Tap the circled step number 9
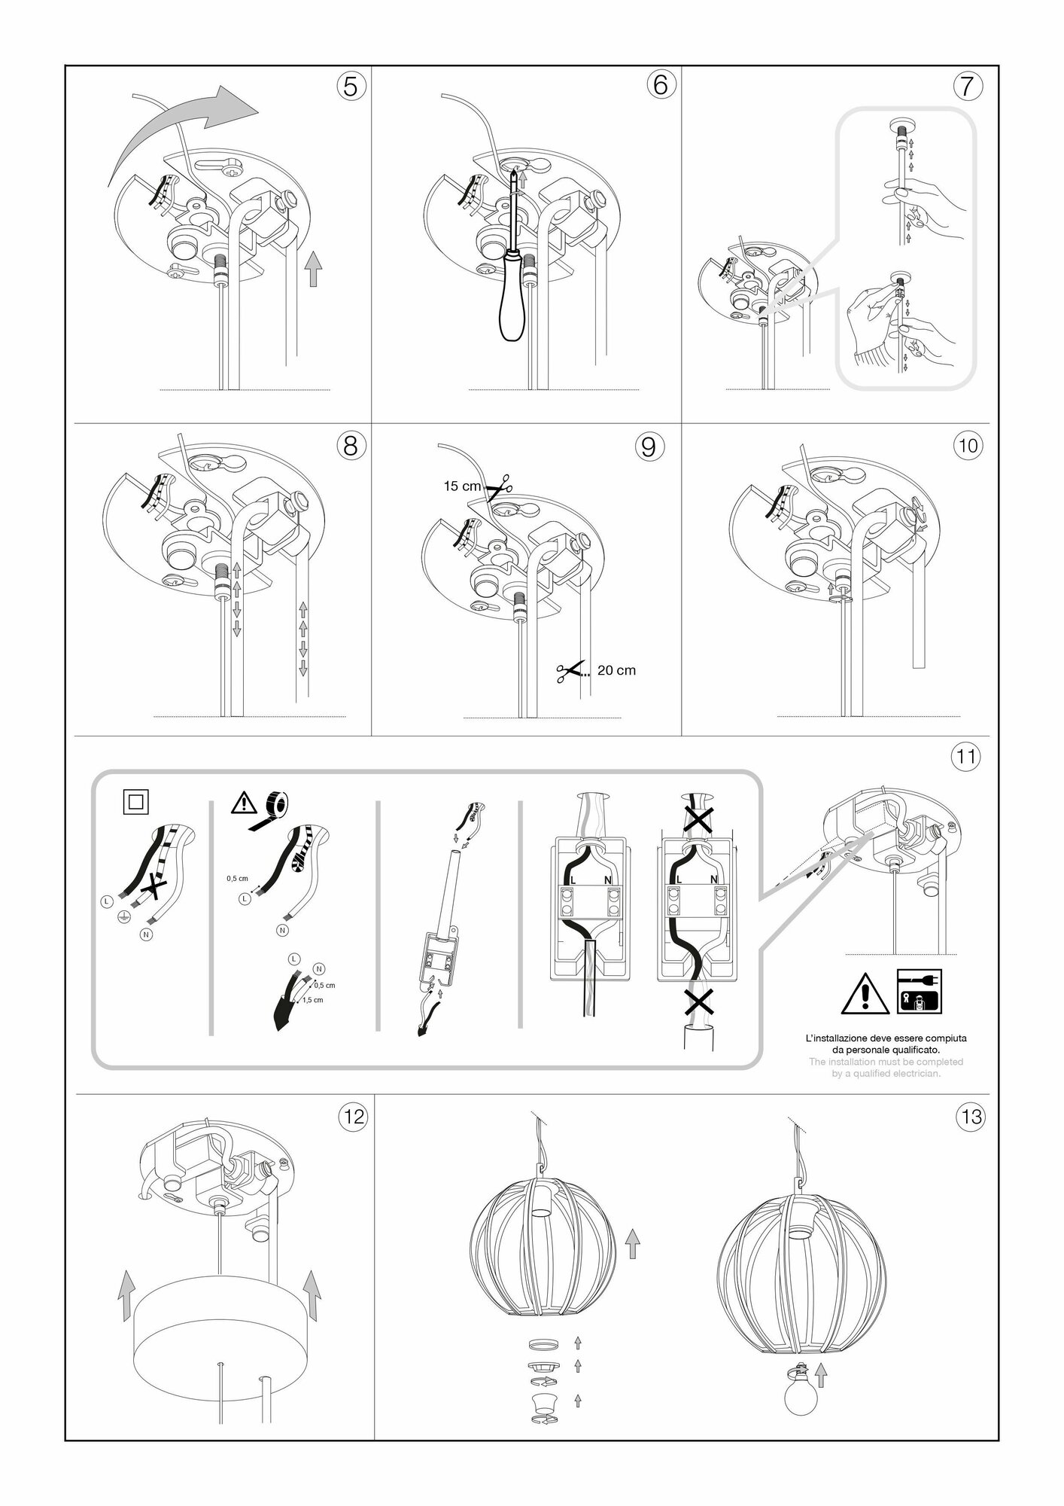point(649,447)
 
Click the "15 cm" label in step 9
point(462,486)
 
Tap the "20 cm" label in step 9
point(616,670)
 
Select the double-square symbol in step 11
point(136,802)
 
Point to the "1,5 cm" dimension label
point(312,1000)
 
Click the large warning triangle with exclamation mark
point(866,995)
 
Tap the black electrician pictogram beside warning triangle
point(919,991)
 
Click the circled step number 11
point(967,756)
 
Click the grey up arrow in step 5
point(314,269)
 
